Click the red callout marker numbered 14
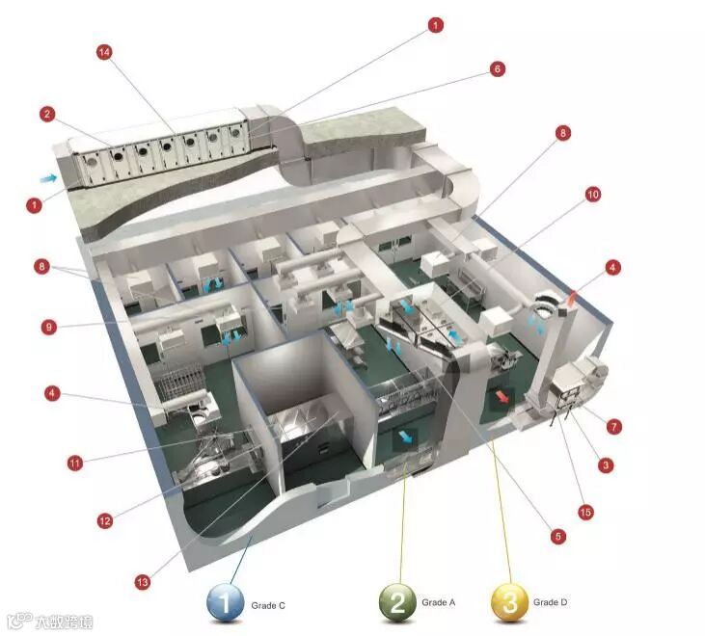tap(104, 52)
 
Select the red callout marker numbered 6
tap(497, 69)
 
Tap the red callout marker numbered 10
tap(592, 195)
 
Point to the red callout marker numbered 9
tap(48, 326)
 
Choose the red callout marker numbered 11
tap(74, 463)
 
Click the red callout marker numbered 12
tap(104, 520)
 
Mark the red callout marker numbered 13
tap(143, 582)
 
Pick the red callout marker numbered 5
tap(557, 536)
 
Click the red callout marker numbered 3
tap(606, 465)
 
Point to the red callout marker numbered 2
tap(46, 114)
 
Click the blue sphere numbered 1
tap(227, 603)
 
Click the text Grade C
tap(269, 605)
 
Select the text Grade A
tap(439, 602)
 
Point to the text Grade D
tap(551, 602)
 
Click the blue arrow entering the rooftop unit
tap(45, 178)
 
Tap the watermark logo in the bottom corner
tap(48, 621)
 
